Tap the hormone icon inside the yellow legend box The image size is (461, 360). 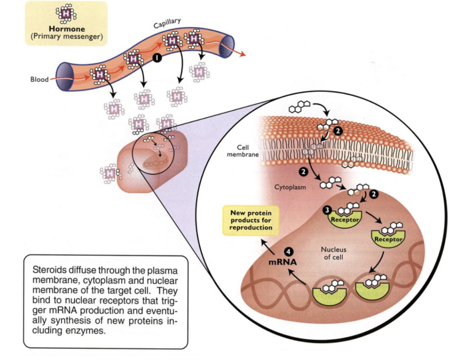pos(65,14)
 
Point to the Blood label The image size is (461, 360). pos(39,80)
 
